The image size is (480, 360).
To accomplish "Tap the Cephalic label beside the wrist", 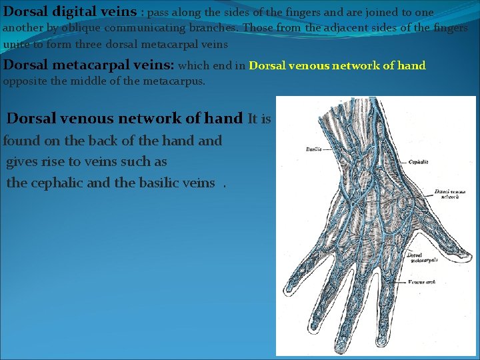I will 419,162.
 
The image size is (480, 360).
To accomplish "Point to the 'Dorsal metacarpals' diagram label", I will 421,257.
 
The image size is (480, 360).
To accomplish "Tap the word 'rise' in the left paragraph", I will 57,161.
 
